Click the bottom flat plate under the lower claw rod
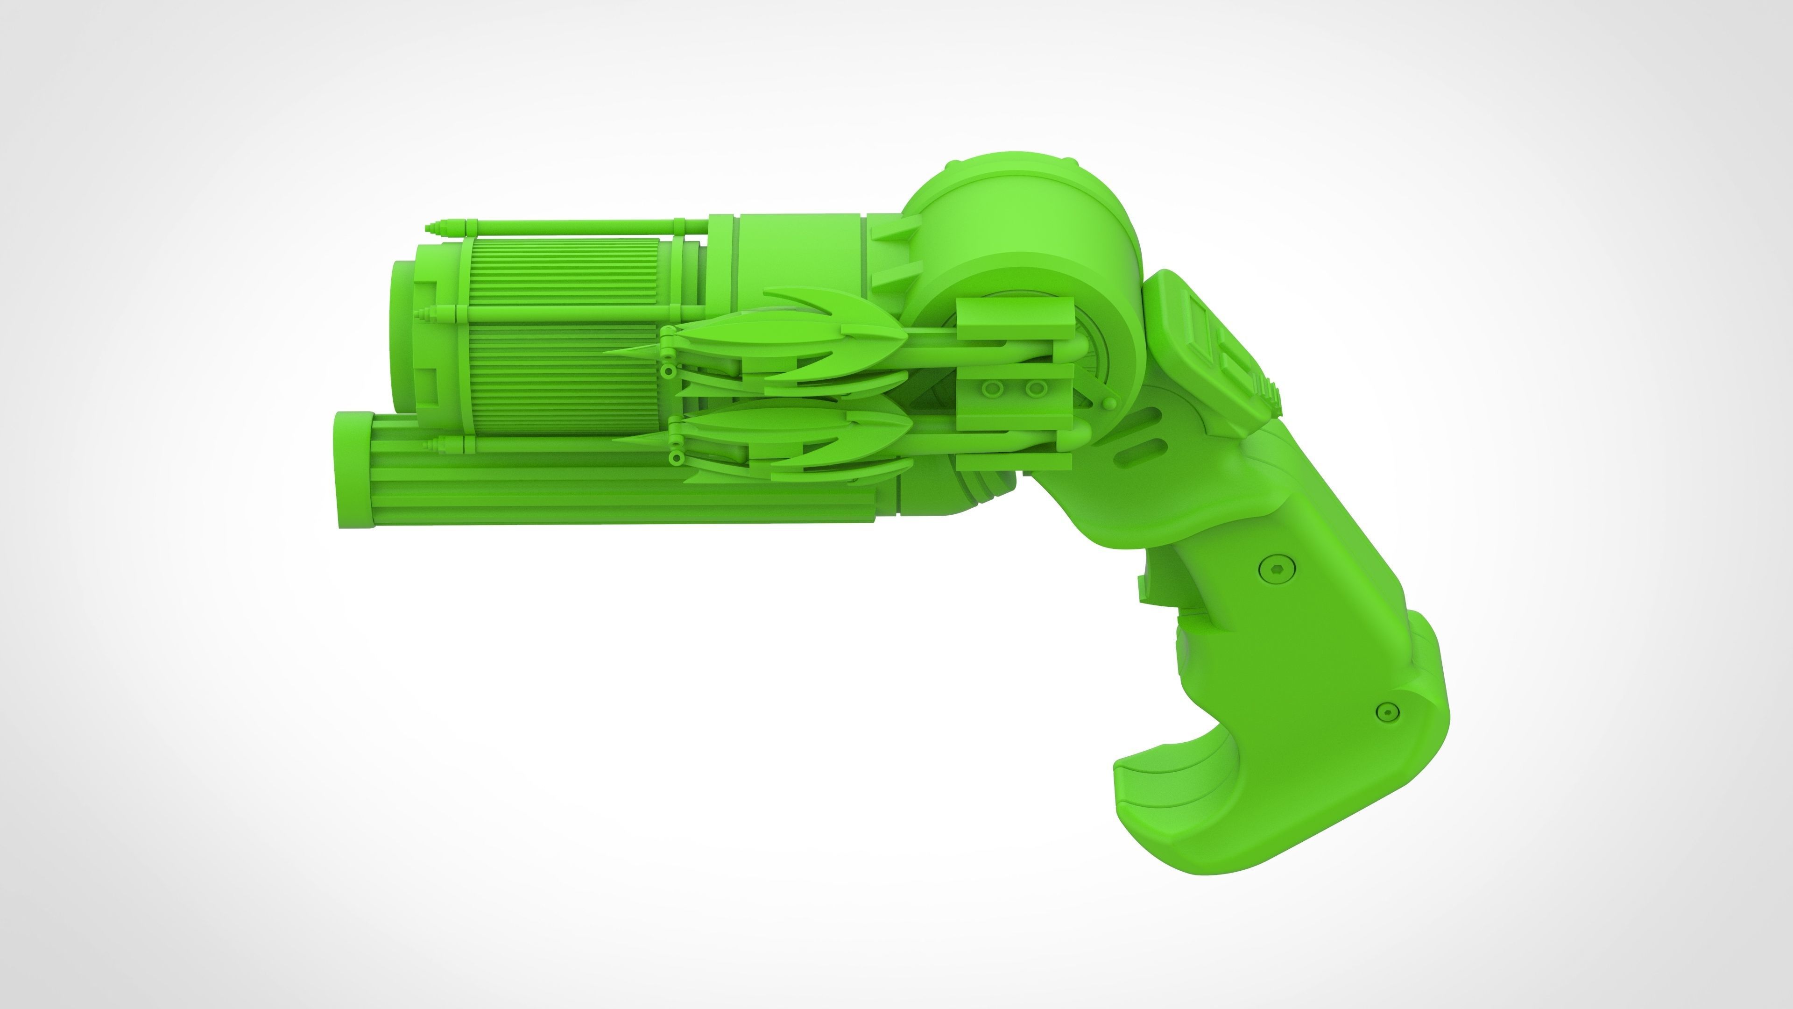tap(1013, 462)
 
